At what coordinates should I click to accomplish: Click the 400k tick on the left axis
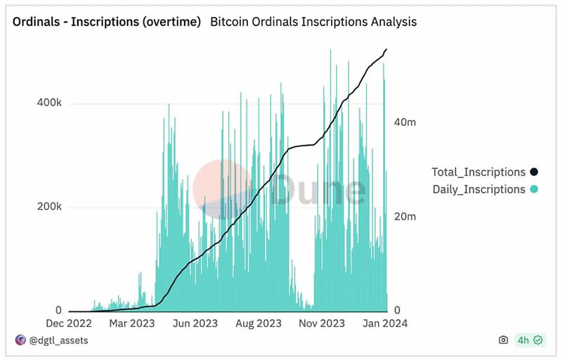pos(49,103)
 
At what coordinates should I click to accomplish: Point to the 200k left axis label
pos(49,207)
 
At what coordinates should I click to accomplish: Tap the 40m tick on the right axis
pos(405,122)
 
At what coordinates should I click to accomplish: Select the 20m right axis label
pos(405,217)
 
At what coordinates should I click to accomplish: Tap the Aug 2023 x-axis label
pos(259,323)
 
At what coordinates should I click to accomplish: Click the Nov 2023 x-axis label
pos(322,323)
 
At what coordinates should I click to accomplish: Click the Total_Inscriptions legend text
pos(478,172)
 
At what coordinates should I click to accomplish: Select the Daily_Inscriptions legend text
pos(478,189)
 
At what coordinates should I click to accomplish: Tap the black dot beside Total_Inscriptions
pos(534,172)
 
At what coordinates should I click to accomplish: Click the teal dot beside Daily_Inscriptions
pos(534,189)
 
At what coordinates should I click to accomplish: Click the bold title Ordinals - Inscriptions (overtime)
pos(107,22)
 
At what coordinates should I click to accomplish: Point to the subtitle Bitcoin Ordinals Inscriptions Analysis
pos(313,22)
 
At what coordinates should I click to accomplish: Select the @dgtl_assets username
pos(59,340)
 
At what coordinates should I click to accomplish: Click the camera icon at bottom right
pos(503,340)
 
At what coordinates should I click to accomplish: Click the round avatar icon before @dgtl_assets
pos(20,340)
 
